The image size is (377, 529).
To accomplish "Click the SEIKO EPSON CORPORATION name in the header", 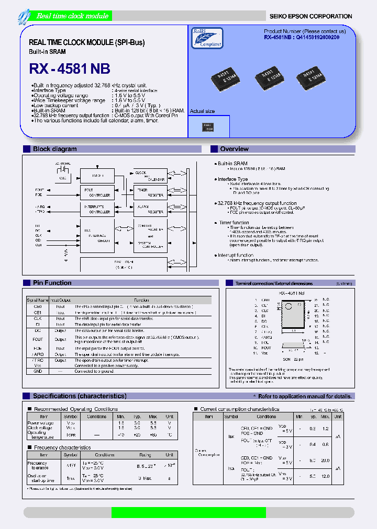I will (311, 16).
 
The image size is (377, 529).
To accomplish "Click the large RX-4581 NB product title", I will (70, 70).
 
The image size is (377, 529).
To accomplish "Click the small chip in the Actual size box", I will (208, 127).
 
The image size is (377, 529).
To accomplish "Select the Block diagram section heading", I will (55, 149).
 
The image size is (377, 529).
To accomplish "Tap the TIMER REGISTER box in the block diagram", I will (150, 192).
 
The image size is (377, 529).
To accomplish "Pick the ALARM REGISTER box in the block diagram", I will (150, 210).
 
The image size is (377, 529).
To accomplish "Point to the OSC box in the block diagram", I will (63, 178).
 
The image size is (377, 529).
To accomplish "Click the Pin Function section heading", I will (52, 283).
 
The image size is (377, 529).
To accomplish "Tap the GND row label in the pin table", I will (37, 371).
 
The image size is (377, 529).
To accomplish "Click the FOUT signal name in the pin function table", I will (37, 339).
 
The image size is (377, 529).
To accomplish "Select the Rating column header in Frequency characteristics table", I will (145, 455).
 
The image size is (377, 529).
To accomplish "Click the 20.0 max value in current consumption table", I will (325, 460).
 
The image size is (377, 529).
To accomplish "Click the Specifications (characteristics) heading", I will (80, 396).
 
